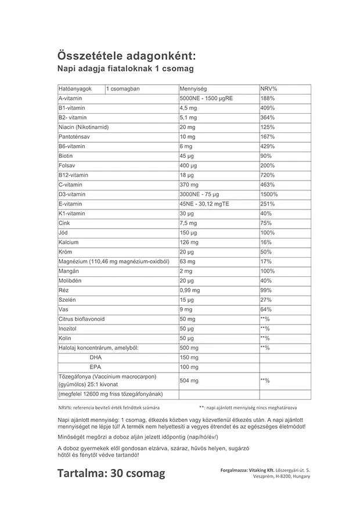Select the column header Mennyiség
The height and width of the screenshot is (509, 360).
(x=194, y=89)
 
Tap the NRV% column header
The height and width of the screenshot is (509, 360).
(x=269, y=89)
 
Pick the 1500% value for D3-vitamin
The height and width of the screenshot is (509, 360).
(x=270, y=194)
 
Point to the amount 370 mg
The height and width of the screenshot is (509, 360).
(x=190, y=184)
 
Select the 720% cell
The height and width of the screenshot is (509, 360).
(x=268, y=175)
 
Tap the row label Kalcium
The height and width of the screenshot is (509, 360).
(x=69, y=241)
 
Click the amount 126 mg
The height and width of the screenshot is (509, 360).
(x=190, y=241)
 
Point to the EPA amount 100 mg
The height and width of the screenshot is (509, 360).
(x=190, y=367)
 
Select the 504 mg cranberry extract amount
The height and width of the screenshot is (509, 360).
(x=190, y=381)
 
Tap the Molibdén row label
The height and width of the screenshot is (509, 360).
(x=71, y=280)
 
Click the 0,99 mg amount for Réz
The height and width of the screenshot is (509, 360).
(x=191, y=289)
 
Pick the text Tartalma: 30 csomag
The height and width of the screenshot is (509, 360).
(x=111, y=474)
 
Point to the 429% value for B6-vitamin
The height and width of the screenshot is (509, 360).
(x=268, y=146)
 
